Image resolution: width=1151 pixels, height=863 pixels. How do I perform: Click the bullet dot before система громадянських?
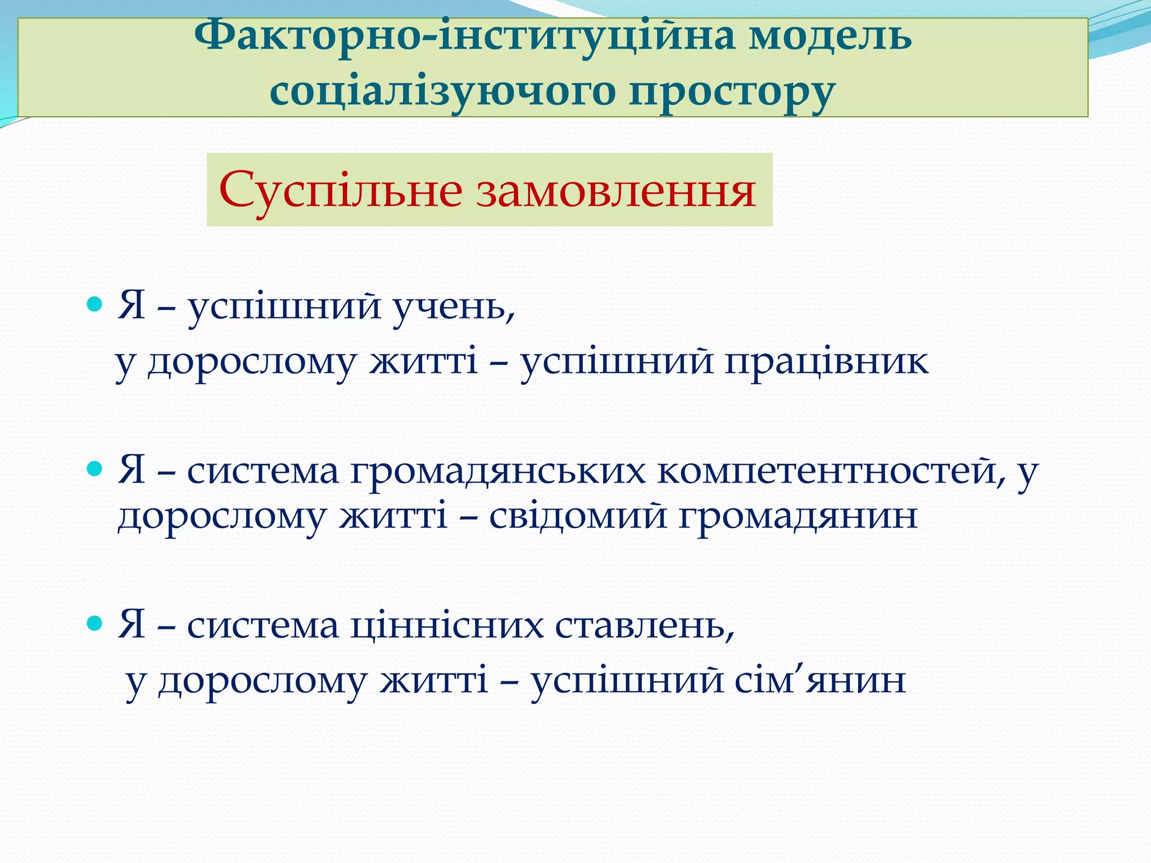[x=96, y=468]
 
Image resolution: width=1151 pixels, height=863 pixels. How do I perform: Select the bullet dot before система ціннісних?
[x=96, y=623]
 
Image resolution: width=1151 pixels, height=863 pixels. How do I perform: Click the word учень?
[x=452, y=308]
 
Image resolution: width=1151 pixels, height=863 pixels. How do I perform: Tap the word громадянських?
[x=497, y=471]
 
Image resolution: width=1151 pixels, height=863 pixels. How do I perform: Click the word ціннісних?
[x=447, y=625]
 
